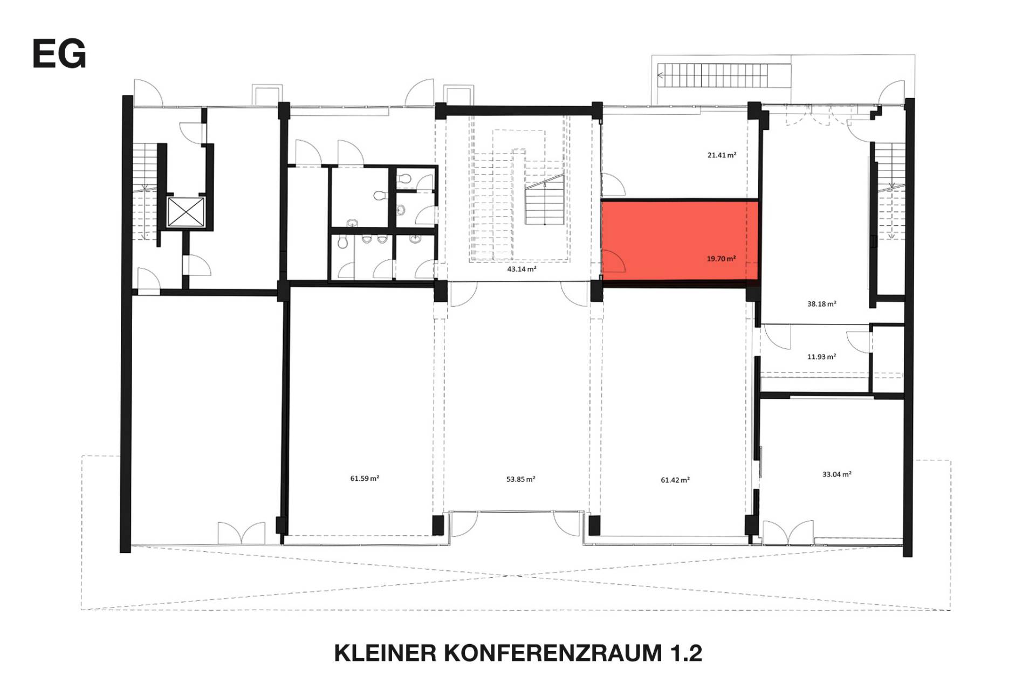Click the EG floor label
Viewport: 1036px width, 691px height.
(x=59, y=53)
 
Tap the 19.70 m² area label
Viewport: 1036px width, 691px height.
(x=721, y=259)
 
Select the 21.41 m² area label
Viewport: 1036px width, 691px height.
(x=722, y=155)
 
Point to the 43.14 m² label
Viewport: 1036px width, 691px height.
(x=522, y=269)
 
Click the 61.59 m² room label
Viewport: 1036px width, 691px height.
(x=365, y=478)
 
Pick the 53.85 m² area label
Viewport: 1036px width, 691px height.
(x=520, y=479)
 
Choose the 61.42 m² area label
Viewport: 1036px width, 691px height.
(x=675, y=480)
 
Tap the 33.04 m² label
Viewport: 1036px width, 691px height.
(x=836, y=474)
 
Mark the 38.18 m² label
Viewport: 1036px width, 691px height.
(x=821, y=304)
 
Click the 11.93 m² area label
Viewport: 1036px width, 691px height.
(x=821, y=357)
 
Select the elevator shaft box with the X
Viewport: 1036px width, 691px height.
(x=186, y=212)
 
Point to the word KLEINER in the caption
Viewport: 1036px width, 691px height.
(x=385, y=653)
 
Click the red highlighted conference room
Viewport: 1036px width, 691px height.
(x=680, y=240)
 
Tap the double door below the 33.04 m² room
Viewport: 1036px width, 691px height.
(x=787, y=533)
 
